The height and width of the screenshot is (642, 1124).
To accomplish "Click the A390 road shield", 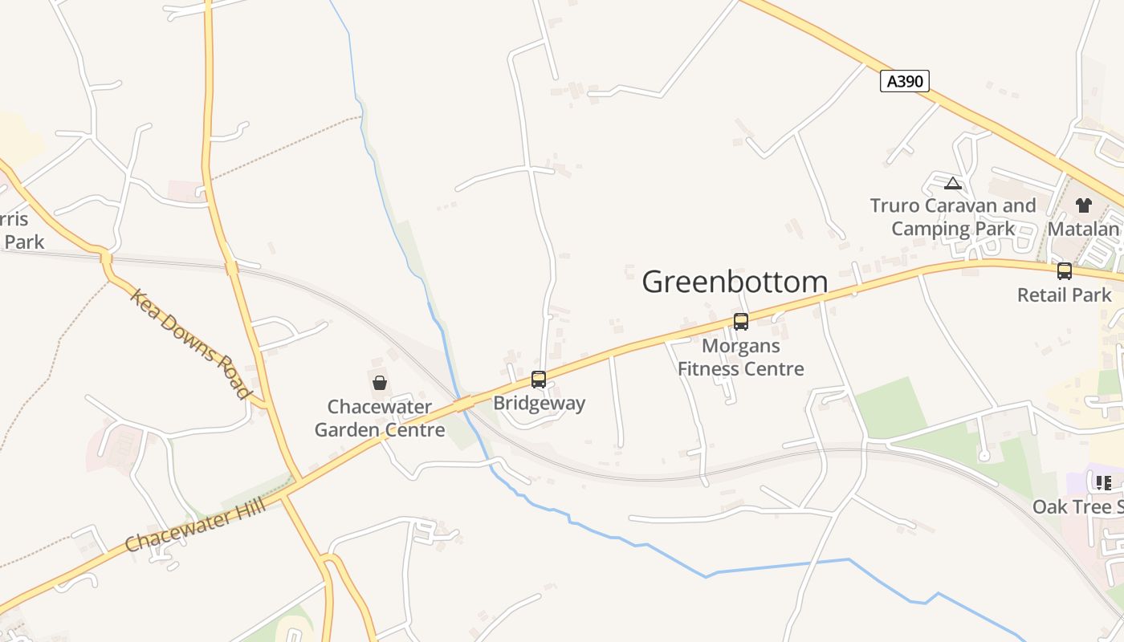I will coord(905,81).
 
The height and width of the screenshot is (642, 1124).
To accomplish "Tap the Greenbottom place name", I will coord(735,282).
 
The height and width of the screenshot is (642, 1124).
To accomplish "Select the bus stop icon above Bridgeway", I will coord(539,379).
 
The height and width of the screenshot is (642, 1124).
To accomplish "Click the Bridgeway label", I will coord(539,403).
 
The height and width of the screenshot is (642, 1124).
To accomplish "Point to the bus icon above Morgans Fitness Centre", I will coord(741,322).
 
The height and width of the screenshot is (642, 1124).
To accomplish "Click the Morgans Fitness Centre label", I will coord(741,358).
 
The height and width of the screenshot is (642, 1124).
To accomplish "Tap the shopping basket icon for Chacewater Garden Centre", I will coord(380,383).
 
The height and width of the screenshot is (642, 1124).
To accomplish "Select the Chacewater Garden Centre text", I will coord(380,418).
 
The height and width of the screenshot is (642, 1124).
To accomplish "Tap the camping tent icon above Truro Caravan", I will coord(953,183).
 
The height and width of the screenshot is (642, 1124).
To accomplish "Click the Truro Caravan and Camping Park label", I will coord(953,217).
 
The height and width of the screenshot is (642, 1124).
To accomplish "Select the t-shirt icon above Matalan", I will coord(1084,205).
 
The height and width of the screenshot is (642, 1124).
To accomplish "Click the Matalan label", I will coord(1084,230).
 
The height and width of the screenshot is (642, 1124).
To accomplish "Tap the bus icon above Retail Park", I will coord(1065,271).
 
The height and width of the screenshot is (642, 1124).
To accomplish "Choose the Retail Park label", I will coord(1065,295).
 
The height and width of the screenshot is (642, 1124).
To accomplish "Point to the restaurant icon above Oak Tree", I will coord(1103,482).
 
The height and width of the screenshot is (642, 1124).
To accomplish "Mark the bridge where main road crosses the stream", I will coord(463,404).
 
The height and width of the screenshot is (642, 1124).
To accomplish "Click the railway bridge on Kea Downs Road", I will coord(105,258).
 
